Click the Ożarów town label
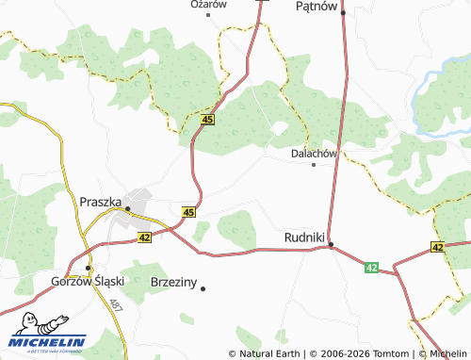(209, 5)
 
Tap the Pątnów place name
(316, 7)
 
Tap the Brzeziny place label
(174, 281)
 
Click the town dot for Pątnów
(344, 12)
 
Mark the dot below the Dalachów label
(314, 164)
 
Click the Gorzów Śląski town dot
(88, 268)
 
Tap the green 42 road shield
(372, 269)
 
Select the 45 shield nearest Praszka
(189, 212)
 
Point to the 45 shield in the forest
(208, 120)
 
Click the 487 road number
(115, 306)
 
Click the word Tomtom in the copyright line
(386, 354)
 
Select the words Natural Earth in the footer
(269, 354)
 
